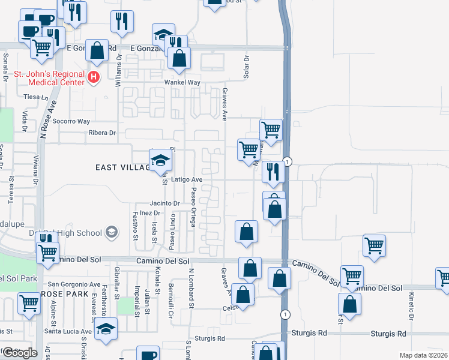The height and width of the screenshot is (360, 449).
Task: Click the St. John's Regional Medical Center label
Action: [x=49, y=78]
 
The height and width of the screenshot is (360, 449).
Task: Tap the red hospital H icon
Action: [x=94, y=77]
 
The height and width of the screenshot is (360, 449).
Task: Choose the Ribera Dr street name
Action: [x=101, y=133]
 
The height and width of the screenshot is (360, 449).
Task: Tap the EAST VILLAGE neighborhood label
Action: [x=122, y=167]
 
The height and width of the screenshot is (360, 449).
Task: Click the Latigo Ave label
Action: [x=187, y=179]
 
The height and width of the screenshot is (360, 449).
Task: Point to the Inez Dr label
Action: [x=150, y=213]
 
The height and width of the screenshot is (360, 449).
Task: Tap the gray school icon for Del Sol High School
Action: [x=112, y=232]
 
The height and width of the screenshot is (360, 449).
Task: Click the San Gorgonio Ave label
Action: [x=74, y=284]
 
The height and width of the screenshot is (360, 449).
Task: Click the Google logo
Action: [x=19, y=353]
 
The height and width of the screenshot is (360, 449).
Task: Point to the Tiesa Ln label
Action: [x=35, y=96]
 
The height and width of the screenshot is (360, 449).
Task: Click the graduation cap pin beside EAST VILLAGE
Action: [x=160, y=160]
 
